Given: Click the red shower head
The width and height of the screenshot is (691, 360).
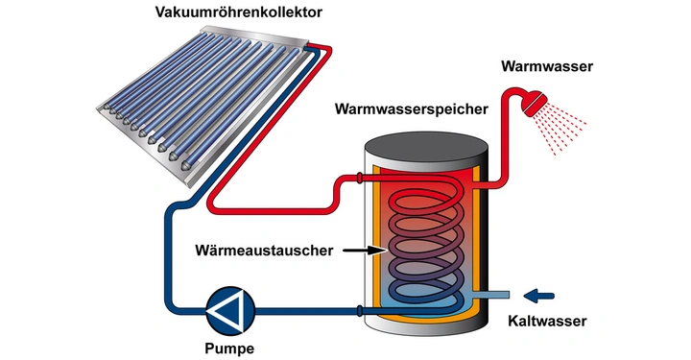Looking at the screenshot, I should (532, 101).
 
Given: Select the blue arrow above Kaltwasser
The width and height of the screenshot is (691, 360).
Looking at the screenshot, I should (542, 294).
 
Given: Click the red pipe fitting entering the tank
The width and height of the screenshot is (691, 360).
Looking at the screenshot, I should (358, 180).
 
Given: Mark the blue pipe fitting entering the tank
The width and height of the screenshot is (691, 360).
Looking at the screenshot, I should (358, 310).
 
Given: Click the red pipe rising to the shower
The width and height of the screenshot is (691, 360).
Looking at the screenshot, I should (506, 144).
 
